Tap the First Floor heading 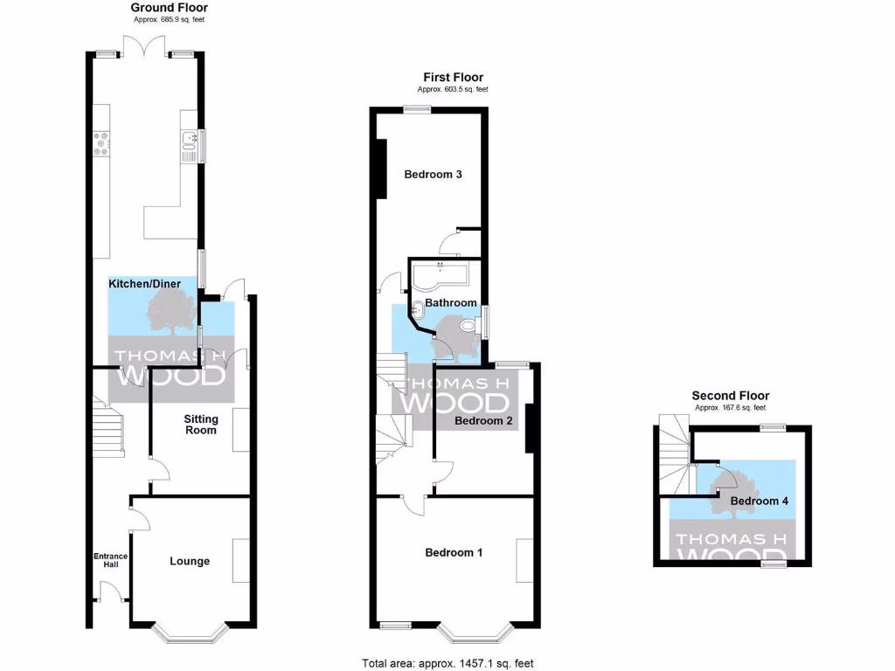coord(453,78)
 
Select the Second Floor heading coord(730,396)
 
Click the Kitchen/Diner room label coord(144,285)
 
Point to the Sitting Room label coord(200,424)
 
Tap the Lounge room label coord(190,561)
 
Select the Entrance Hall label coord(111,561)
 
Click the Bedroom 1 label coord(454,552)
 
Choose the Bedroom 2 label coord(483,421)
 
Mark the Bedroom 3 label coord(433,174)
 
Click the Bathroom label coord(451,303)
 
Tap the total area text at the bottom coord(447,663)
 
